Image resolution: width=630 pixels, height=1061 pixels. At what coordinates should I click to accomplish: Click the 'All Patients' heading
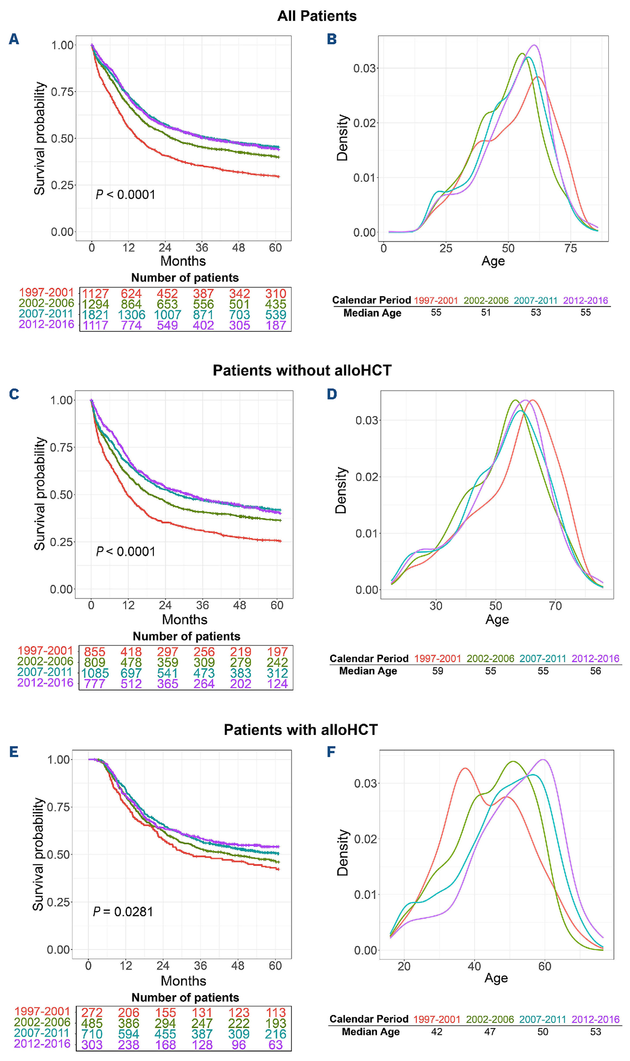pyautogui.click(x=317, y=16)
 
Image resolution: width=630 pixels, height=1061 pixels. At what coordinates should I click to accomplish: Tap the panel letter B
pyautogui.click(x=332, y=39)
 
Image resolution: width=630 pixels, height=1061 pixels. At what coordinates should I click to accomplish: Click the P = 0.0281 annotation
pyautogui.click(x=123, y=911)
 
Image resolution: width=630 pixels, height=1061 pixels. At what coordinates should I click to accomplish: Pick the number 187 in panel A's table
pyautogui.click(x=276, y=325)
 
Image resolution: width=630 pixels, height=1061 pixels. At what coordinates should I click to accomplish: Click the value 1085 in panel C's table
pyautogui.click(x=95, y=673)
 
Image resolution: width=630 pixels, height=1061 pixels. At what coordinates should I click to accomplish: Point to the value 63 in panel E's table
pyautogui.click(x=276, y=1045)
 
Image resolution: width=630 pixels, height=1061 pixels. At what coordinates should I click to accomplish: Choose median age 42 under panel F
pyautogui.click(x=436, y=1032)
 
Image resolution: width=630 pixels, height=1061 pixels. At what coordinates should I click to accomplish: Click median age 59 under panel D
pyautogui.click(x=437, y=671)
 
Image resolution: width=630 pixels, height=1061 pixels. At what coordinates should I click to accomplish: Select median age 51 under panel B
pyautogui.click(x=485, y=312)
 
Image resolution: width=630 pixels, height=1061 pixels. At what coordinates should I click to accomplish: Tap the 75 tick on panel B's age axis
pyautogui.click(x=570, y=248)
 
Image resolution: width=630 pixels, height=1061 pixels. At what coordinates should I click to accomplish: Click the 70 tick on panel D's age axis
pyautogui.click(x=555, y=606)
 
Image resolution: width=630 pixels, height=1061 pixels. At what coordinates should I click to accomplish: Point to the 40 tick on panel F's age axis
pyautogui.click(x=474, y=967)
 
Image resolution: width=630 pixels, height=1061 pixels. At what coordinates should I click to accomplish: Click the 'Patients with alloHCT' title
pyautogui.click(x=301, y=730)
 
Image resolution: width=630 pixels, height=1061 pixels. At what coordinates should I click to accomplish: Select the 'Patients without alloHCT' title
pyautogui.click(x=302, y=370)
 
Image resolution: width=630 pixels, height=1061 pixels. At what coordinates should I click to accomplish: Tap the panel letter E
pyautogui.click(x=14, y=752)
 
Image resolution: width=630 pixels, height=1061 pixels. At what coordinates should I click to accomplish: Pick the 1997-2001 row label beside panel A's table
pyautogui.click(x=46, y=292)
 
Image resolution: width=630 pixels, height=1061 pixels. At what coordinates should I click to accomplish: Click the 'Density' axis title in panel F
pyautogui.click(x=343, y=852)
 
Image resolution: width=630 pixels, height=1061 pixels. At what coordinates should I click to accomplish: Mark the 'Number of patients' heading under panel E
pyautogui.click(x=185, y=997)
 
